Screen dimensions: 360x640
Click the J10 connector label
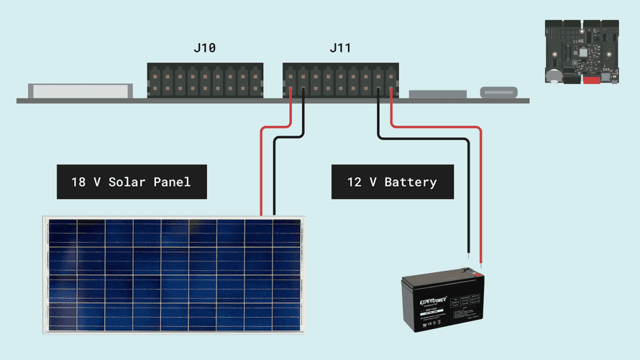click(x=204, y=48)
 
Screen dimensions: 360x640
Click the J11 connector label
click(x=340, y=48)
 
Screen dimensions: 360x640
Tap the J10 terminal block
click(x=205, y=80)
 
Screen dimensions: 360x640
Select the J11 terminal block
click(x=340, y=80)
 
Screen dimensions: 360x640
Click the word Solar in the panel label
click(x=128, y=182)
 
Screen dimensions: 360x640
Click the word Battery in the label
click(x=410, y=182)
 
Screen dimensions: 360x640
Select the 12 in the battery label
click(x=355, y=182)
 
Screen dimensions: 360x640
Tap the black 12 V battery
click(x=442, y=302)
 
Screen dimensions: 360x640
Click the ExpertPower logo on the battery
click(x=435, y=301)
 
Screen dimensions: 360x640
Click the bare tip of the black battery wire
click(x=468, y=256)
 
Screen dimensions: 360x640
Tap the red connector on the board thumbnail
click(x=592, y=80)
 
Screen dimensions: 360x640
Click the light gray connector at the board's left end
click(x=80, y=91)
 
